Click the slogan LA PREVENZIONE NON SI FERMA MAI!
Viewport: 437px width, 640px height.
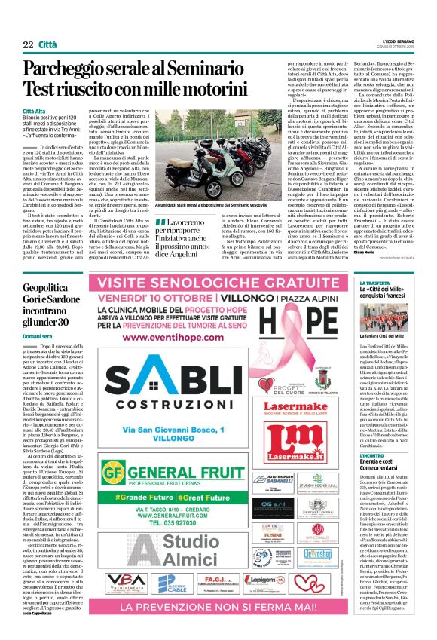tap(218, 606)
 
